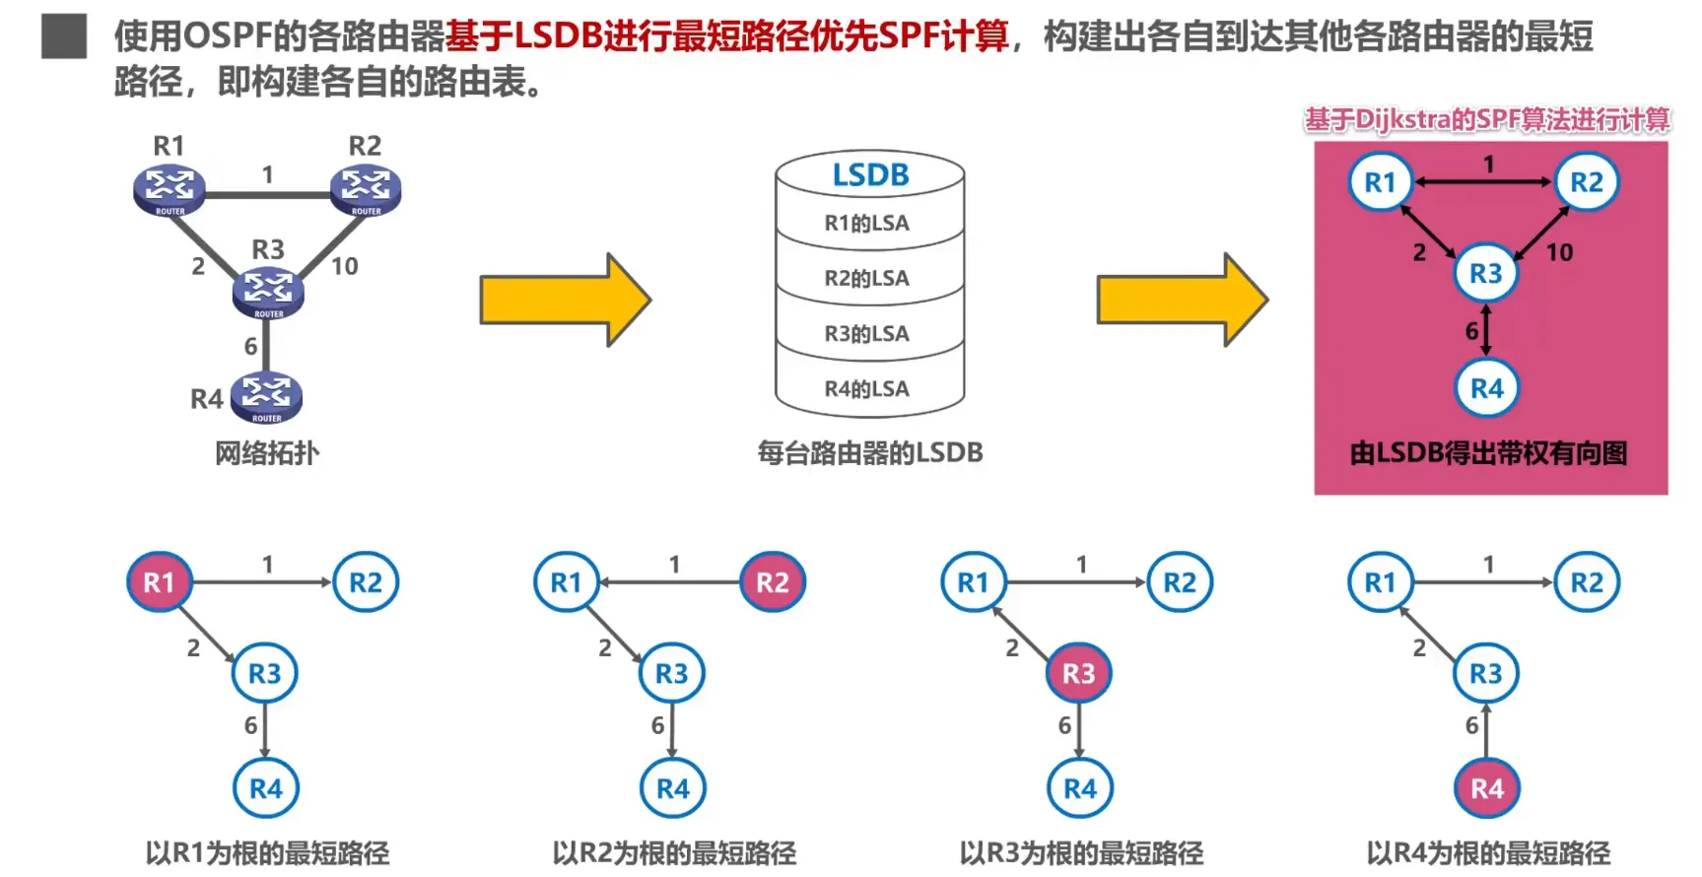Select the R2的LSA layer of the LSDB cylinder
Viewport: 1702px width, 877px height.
pyautogui.click(x=867, y=279)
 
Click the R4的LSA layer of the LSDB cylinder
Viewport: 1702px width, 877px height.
pyautogui.click(x=867, y=389)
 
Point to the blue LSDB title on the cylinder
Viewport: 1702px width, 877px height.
pyautogui.click(x=870, y=175)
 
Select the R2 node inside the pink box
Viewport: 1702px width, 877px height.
pyautogui.click(x=1586, y=182)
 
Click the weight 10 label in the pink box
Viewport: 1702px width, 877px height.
pyautogui.click(x=1559, y=252)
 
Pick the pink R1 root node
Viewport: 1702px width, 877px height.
pyautogui.click(x=159, y=582)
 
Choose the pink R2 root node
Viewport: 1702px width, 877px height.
pyautogui.click(x=773, y=582)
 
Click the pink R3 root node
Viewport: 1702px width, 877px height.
pyautogui.click(x=1078, y=673)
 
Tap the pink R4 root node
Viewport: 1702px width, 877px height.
pyautogui.click(x=1487, y=788)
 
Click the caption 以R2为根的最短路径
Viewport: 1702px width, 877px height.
pyautogui.click(x=674, y=852)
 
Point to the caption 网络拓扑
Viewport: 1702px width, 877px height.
pyautogui.click(x=267, y=453)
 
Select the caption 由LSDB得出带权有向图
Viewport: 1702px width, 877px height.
pyautogui.click(x=1488, y=453)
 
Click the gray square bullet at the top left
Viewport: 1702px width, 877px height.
pyautogui.click(x=64, y=36)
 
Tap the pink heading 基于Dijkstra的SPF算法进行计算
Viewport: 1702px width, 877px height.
pyautogui.click(x=1487, y=120)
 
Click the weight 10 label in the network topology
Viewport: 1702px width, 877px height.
pyautogui.click(x=344, y=266)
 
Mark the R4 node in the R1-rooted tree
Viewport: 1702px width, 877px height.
pyautogui.click(x=266, y=788)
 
